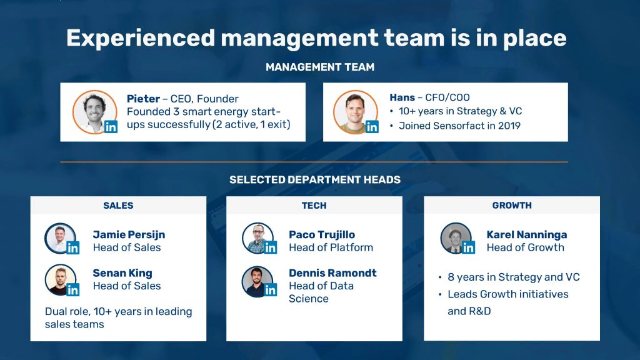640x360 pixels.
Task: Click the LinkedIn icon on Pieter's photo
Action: (111, 127)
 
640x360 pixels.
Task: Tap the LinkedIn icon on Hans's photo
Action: (372, 127)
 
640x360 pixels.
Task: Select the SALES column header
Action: (118, 205)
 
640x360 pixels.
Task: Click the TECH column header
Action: (314, 205)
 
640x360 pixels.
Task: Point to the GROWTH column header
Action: (512, 205)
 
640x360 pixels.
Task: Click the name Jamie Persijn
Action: (129, 235)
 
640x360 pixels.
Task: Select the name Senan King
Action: (122, 273)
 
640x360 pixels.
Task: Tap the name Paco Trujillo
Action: (322, 235)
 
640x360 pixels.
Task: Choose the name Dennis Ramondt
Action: (332, 273)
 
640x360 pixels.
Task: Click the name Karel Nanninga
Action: (526, 235)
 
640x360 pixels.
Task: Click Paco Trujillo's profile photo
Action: (257, 238)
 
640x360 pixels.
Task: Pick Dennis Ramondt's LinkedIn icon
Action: (270, 290)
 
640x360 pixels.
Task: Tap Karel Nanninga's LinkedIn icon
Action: (468, 247)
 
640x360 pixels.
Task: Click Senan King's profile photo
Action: (61, 279)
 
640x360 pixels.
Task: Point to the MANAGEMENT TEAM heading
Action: (320, 67)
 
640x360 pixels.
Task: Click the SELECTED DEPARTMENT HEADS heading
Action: (315, 179)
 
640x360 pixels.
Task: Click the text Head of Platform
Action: (331, 247)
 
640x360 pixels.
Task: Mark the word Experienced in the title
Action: (141, 38)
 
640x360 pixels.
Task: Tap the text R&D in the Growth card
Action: (480, 311)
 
